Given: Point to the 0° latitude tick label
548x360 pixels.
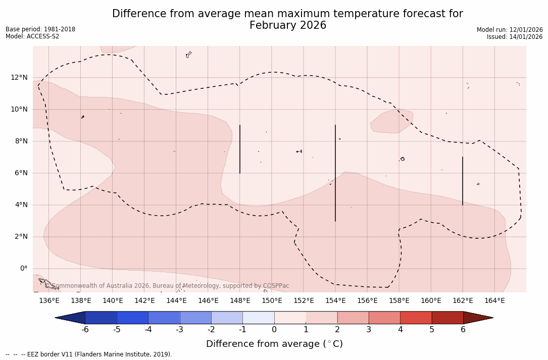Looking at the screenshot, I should pos(23,269).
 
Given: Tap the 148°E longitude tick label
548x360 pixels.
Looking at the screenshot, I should pos(240,301).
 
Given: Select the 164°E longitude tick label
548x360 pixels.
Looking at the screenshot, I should pos(494,301).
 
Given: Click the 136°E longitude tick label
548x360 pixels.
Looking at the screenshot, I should pos(49,301).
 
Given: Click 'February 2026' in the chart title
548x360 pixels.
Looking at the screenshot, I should pos(288,26).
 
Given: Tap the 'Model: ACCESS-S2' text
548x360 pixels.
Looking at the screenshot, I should pos(32,36).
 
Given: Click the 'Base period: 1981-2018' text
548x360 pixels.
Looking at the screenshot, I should pos(40,29).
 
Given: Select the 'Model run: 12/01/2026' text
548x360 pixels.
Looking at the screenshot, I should pos(510,30).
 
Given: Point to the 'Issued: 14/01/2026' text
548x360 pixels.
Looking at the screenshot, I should pos(515,37).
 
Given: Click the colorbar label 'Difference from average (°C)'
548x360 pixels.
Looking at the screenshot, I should pos(274,344).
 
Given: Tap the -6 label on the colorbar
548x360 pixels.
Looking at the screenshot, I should pos(85,330).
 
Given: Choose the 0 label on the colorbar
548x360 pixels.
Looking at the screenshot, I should pos(274,330).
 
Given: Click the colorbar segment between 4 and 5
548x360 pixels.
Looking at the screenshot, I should pos(416,318).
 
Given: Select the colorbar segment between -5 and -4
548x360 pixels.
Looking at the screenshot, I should pos(132,318).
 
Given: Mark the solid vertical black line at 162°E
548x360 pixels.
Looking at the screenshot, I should pos(463,181).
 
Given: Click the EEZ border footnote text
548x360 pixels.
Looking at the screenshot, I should pos(89,354).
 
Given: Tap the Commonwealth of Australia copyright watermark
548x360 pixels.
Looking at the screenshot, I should pos(170,286).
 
